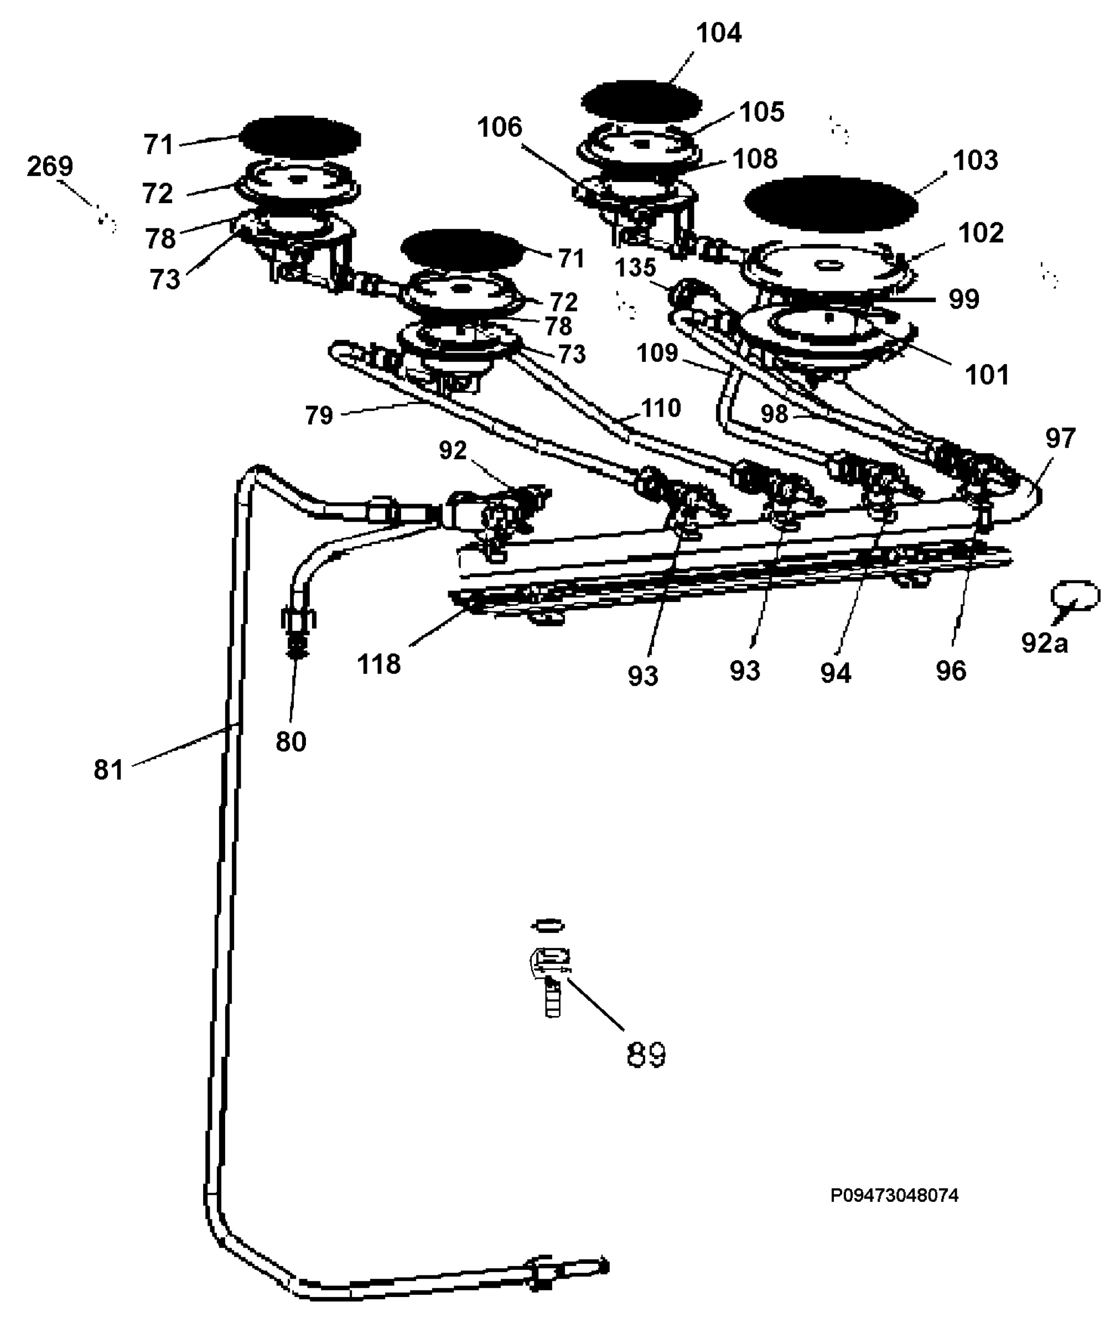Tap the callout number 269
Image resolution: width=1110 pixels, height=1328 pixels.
click(50, 167)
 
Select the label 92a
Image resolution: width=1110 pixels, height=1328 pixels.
click(1044, 643)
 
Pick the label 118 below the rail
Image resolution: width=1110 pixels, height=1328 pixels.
click(379, 664)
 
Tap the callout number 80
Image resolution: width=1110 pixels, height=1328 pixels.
click(291, 742)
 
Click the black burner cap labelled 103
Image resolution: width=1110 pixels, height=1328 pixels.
click(831, 204)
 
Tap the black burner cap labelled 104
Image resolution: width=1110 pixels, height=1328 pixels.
click(641, 102)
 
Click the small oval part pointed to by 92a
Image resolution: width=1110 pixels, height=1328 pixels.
click(1075, 595)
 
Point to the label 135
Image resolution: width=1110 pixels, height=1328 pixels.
click(635, 267)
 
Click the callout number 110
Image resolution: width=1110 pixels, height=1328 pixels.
click(661, 408)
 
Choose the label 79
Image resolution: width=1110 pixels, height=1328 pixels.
click(319, 416)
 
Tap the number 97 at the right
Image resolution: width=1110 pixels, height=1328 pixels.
click(1060, 438)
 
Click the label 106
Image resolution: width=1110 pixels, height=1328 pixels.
click(500, 128)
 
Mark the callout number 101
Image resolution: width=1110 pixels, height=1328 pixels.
click(987, 375)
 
